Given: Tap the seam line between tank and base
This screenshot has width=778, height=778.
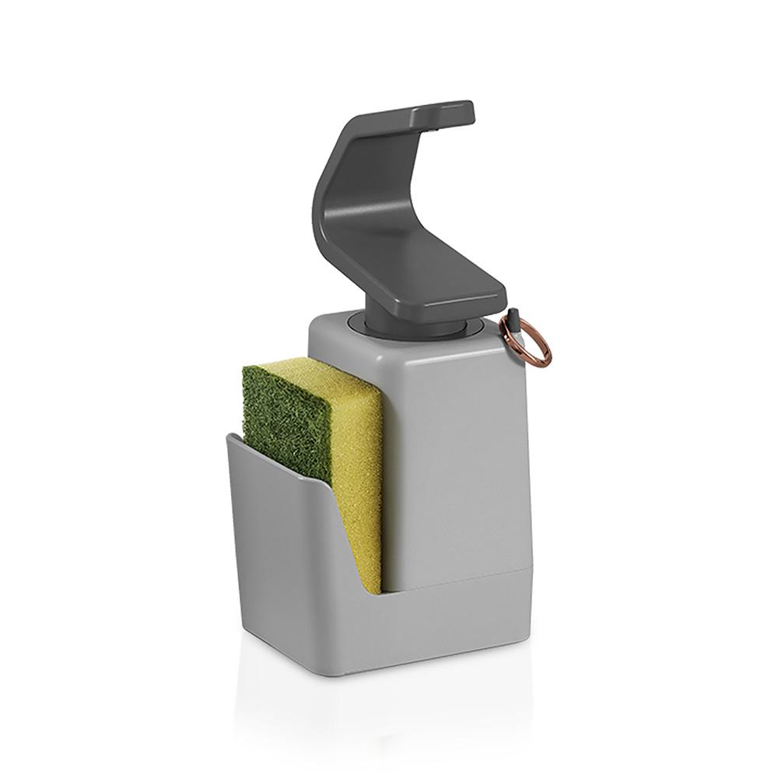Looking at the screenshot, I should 459,580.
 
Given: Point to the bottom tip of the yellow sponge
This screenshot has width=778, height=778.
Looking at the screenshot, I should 373,591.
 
